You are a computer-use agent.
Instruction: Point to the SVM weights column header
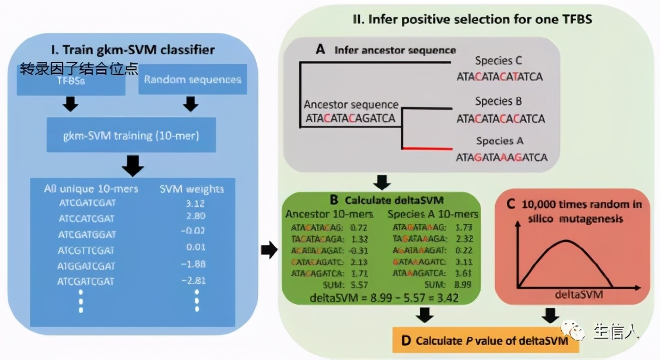point(192,189)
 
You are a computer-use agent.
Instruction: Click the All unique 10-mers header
point(91,189)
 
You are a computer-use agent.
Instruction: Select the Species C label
point(499,61)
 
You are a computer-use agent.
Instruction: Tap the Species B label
point(499,101)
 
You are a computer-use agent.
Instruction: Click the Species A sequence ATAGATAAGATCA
point(501,158)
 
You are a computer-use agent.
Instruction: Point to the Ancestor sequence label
point(351,104)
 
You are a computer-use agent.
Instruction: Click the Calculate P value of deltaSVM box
point(485,341)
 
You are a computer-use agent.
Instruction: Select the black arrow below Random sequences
point(191,105)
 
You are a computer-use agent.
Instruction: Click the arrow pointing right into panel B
point(269,250)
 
